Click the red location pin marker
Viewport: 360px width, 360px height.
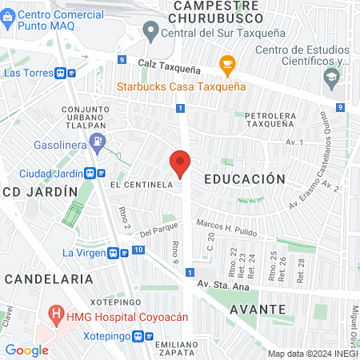click(181, 164)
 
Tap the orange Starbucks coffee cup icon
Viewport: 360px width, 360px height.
click(227, 63)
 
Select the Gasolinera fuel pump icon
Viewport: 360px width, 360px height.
click(98, 144)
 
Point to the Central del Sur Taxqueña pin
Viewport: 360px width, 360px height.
click(150, 32)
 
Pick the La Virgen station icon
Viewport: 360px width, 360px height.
click(118, 253)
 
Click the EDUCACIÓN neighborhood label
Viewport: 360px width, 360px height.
click(244, 179)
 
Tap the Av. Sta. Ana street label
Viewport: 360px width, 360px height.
click(224, 286)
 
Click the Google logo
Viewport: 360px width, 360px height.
click(26, 350)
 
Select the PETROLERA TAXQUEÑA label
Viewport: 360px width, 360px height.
click(276, 121)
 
